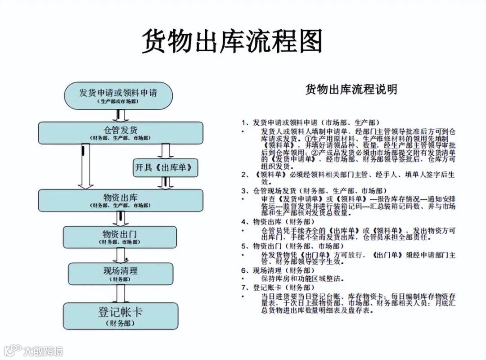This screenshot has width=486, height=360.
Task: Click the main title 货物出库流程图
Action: (232, 41)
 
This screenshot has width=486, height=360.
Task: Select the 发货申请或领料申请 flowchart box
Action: (118, 95)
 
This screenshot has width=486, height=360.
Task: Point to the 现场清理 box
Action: (120, 273)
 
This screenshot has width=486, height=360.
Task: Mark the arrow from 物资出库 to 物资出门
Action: (120, 219)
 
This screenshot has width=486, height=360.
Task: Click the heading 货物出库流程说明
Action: (351, 89)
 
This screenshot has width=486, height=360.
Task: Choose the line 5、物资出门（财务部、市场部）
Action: (298, 246)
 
